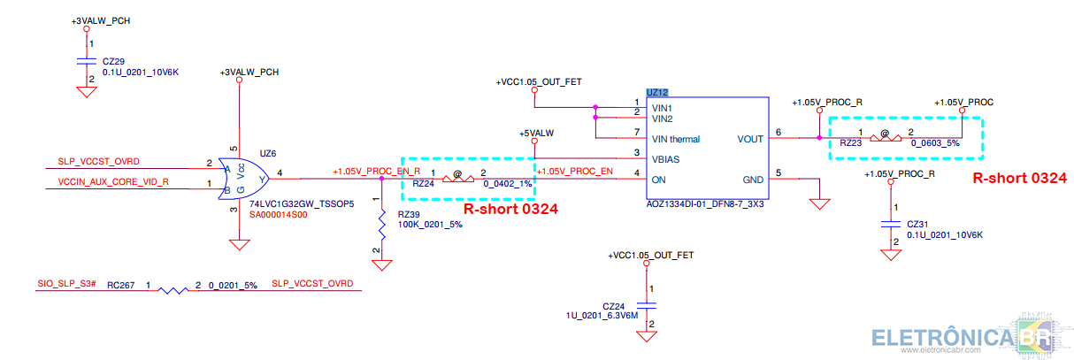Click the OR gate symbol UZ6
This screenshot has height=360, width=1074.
(x=243, y=179)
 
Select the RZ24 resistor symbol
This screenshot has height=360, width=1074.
(x=458, y=179)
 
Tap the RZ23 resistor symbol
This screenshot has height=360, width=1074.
(x=885, y=138)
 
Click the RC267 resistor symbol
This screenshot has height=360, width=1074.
(x=173, y=290)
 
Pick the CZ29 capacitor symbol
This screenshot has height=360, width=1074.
(x=87, y=61)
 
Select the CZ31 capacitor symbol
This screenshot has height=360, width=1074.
(x=891, y=224)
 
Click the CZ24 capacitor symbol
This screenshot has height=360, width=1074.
(x=647, y=305)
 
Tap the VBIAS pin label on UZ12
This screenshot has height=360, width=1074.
(x=665, y=159)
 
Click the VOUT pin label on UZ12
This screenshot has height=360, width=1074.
(x=750, y=139)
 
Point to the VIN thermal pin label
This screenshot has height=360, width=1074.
(x=676, y=139)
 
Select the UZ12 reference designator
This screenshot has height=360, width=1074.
(x=656, y=93)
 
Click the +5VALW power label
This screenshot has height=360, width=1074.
(x=536, y=134)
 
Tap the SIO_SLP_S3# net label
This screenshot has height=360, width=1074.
(x=66, y=283)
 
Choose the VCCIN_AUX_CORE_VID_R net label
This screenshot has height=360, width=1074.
(x=113, y=181)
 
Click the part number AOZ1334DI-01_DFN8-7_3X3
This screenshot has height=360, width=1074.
(x=705, y=203)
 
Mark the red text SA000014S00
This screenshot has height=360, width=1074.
(x=278, y=215)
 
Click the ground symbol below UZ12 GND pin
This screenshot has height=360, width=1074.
(x=819, y=204)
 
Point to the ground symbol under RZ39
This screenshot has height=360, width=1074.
(x=382, y=265)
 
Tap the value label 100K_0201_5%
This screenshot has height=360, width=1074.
(x=430, y=225)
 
